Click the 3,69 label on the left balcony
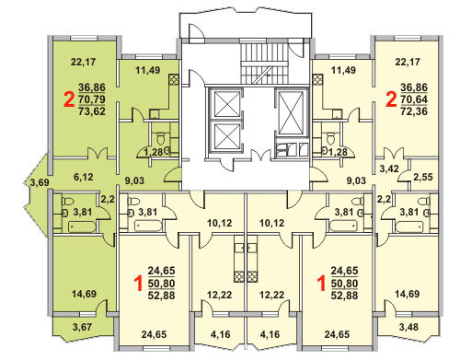point(40,182)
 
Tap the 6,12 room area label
point(84,177)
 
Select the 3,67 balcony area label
point(82,327)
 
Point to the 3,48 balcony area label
point(408,327)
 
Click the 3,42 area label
point(389,168)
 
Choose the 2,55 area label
point(423,177)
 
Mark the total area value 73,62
point(92,111)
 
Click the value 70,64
point(414,99)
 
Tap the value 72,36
point(414,111)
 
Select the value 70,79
point(92,99)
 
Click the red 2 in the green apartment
point(69,99)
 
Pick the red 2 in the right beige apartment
point(391,99)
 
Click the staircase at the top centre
point(264,63)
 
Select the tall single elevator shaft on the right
point(292,111)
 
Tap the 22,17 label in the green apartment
point(83,62)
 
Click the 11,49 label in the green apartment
point(148,70)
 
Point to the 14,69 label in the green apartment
point(84,294)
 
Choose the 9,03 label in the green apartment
point(134,180)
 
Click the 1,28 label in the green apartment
point(154,152)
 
